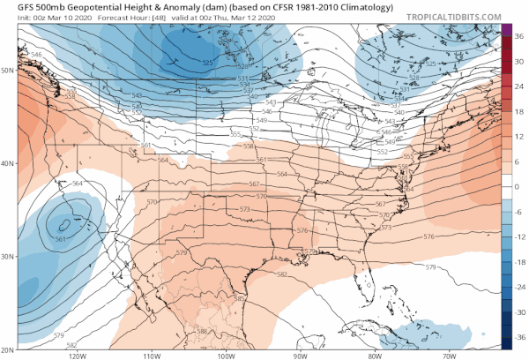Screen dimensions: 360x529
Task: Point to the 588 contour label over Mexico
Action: click(202, 331)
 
